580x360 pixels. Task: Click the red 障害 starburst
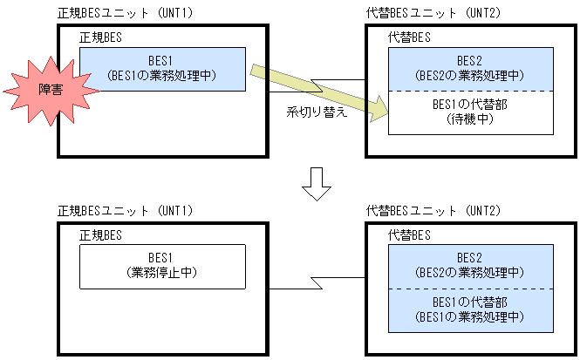[36, 90]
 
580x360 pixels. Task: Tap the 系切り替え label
[317, 114]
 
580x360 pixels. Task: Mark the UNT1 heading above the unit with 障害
[125, 14]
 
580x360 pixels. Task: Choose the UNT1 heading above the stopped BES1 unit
[125, 211]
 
